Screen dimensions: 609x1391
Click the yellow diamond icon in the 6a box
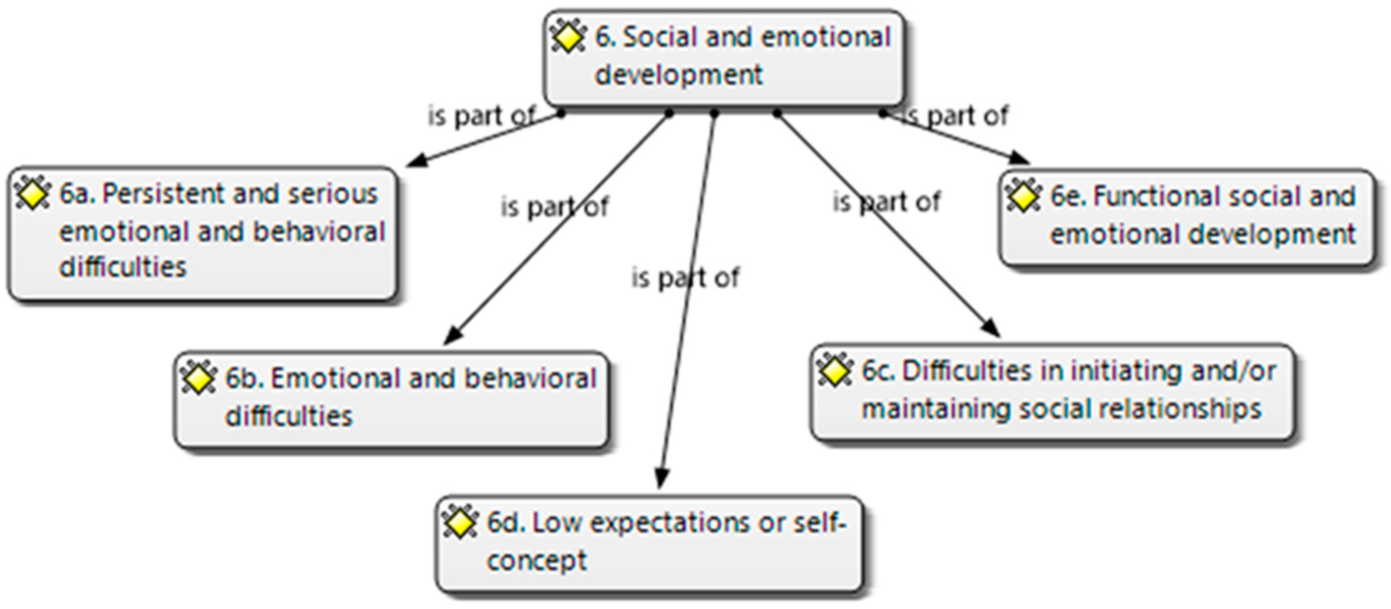33,194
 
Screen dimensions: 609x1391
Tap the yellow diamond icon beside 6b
198,378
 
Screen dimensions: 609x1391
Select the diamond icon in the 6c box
835,371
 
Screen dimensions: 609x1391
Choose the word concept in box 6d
536,560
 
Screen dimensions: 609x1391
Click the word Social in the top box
660,37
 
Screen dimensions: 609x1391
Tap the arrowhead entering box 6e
1020,157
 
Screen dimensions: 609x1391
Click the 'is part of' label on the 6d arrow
685,278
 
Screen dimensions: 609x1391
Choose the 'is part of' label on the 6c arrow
886,202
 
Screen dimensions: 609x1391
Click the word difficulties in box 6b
288,416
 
